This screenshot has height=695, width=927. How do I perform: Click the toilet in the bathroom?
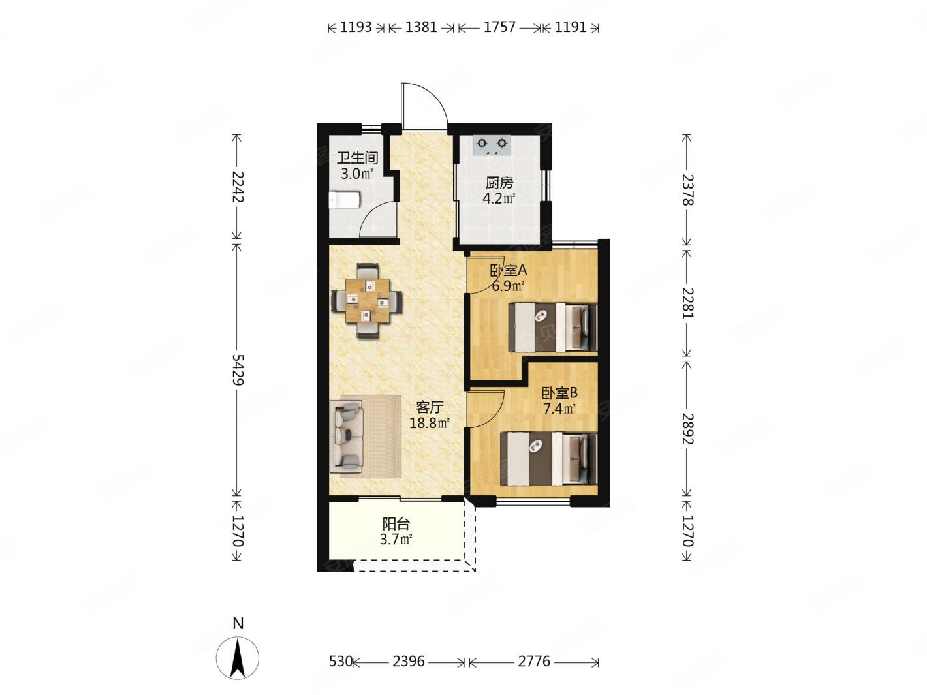343,200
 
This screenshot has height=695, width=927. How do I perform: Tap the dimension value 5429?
238,369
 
